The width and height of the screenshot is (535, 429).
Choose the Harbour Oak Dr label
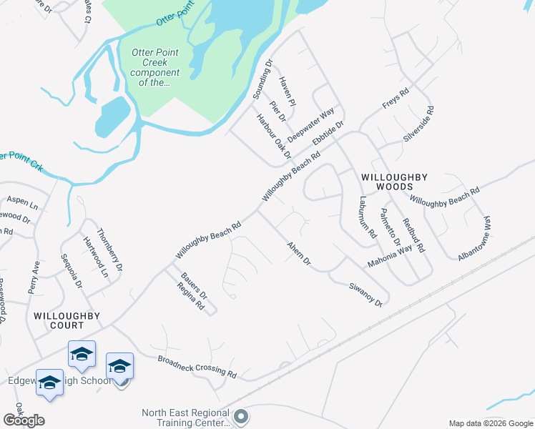tap(274, 137)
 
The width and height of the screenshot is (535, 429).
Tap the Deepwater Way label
tap(311, 125)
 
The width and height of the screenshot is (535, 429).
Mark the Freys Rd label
tap(395, 97)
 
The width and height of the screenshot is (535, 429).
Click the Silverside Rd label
tap(419, 124)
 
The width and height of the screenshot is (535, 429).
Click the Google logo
tap(24, 420)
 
